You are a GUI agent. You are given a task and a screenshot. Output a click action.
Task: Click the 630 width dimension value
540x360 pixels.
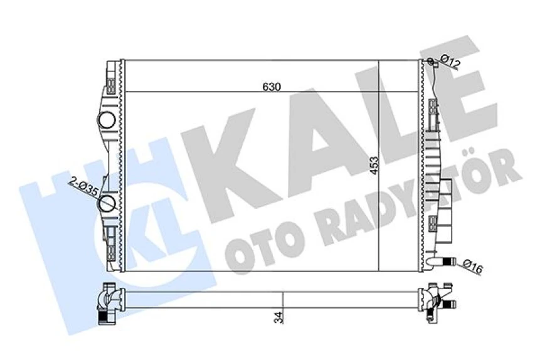coord(271,86)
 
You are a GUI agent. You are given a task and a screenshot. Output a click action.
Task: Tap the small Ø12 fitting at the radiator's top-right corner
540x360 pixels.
coord(430,61)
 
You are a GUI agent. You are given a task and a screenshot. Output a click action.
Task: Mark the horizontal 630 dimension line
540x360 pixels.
coord(188,92)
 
